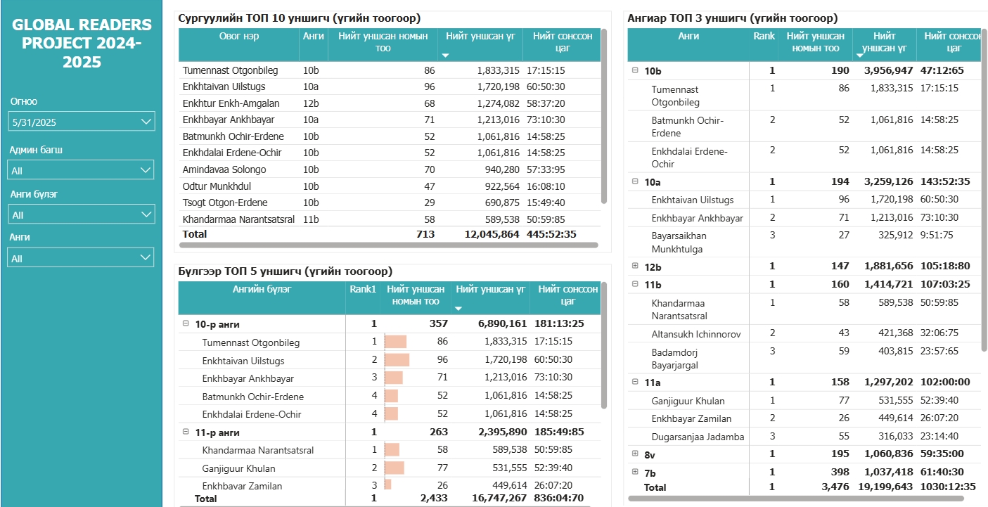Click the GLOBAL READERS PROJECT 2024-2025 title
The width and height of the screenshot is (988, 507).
pos(82,44)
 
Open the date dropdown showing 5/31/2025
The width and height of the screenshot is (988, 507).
pos(82,122)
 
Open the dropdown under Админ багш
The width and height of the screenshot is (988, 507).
pos(82,170)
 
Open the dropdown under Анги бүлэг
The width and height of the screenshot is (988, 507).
pos(82,214)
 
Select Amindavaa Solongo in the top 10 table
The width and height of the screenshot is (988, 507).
pos(224,169)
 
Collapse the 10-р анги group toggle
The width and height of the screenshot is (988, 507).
pos(186,324)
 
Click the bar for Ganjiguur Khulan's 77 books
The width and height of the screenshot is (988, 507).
pos(395,468)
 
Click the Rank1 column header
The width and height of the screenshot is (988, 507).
pos(363,289)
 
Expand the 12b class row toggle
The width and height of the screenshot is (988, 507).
pos(635,266)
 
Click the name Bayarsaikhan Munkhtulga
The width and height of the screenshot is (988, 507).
pos(679,242)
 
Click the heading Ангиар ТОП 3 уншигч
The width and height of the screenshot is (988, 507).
pos(732,18)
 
